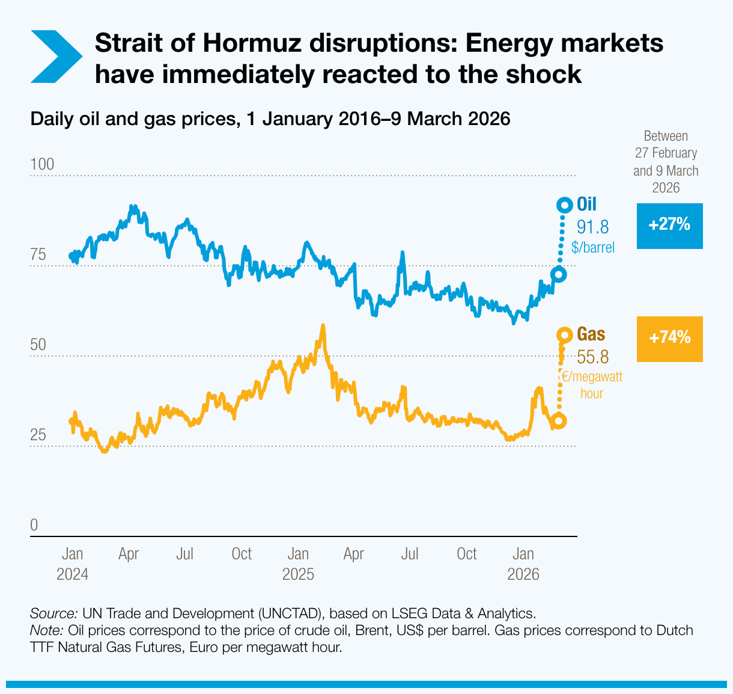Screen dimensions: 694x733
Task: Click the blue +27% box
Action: tap(669, 226)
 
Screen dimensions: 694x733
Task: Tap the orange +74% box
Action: tap(669, 339)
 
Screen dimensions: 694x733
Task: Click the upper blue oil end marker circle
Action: tap(564, 206)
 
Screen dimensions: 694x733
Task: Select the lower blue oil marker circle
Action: tap(558, 274)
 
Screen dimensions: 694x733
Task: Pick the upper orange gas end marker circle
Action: tap(564, 335)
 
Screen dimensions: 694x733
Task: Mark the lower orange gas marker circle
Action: tap(559, 421)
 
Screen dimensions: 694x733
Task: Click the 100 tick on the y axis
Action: tap(42, 165)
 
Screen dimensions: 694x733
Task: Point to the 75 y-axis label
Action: tap(38, 255)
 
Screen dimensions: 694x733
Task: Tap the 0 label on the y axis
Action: tap(34, 525)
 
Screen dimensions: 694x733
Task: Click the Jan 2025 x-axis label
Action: tap(298, 563)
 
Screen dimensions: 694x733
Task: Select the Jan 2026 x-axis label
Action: tap(523, 563)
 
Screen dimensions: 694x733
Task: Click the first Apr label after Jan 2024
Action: tap(129, 554)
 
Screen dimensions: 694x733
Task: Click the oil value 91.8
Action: tap(592, 227)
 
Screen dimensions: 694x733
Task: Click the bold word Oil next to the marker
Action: tap(586, 204)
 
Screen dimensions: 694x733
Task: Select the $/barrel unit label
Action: tap(593, 248)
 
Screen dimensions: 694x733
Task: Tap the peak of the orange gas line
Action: tap(323, 325)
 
